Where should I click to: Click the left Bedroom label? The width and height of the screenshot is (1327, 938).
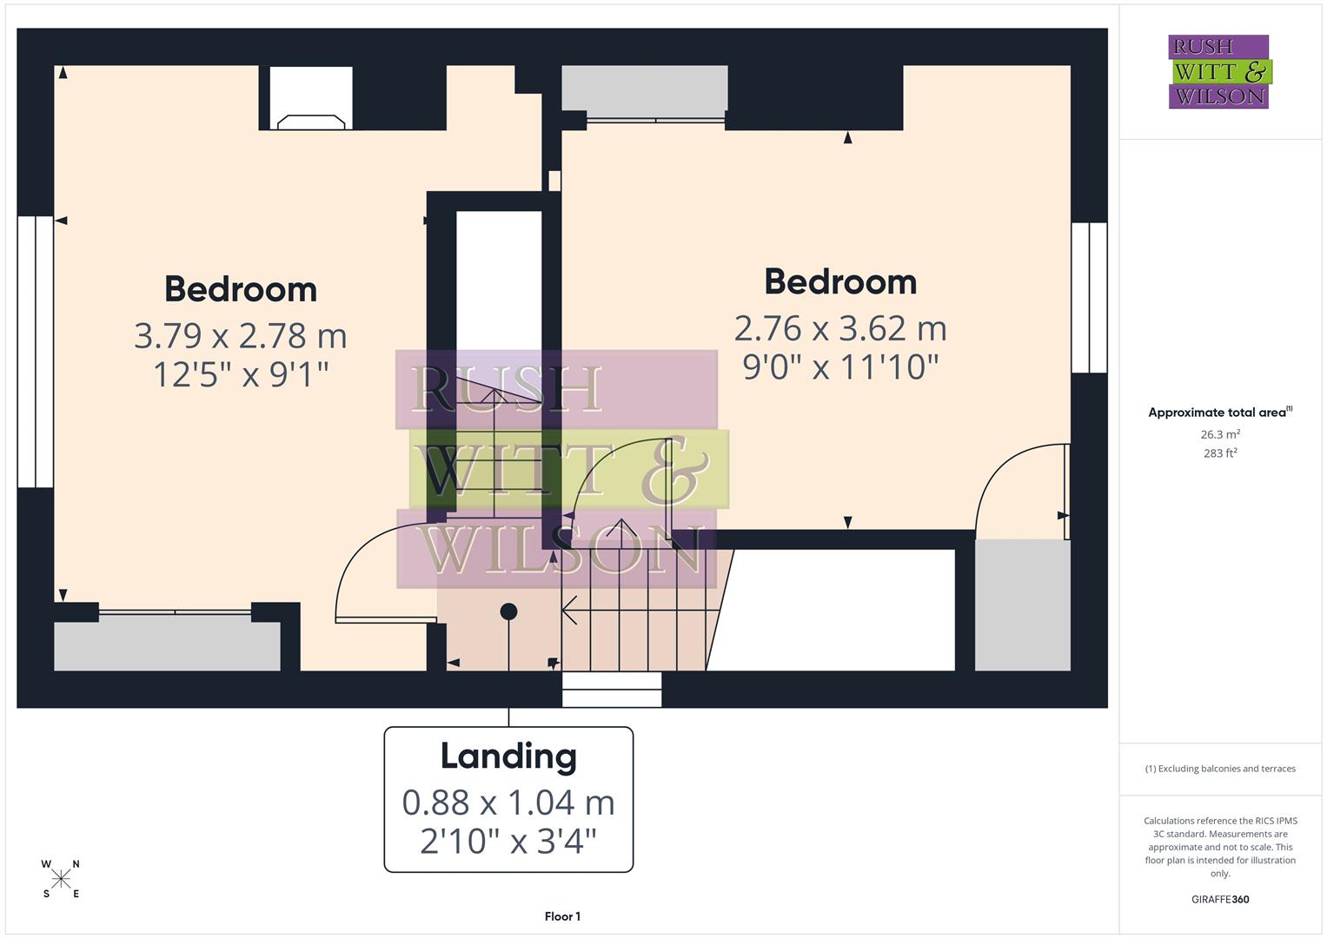tap(241, 289)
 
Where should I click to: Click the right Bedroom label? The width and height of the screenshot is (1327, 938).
tap(840, 282)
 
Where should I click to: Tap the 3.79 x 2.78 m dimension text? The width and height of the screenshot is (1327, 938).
tap(241, 335)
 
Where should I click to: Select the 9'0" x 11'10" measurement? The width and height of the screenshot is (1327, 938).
tap(840, 367)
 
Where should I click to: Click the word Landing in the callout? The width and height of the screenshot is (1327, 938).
tap(508, 756)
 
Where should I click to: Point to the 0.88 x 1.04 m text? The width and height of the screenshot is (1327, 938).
tap(508, 803)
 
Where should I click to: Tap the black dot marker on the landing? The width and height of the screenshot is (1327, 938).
tap(509, 611)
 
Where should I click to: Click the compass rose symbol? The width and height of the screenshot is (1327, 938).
tap(61, 880)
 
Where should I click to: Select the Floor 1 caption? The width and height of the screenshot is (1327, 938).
tap(562, 916)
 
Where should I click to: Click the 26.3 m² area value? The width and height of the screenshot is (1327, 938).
tap(1220, 434)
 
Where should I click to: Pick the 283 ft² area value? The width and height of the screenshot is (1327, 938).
tap(1220, 453)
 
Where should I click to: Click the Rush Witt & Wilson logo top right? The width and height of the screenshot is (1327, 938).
tap(1219, 72)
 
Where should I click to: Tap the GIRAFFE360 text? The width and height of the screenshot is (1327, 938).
tap(1220, 900)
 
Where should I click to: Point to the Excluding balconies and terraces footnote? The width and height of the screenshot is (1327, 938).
tap(1220, 769)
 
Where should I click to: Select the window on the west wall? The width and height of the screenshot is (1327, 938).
tap(35, 352)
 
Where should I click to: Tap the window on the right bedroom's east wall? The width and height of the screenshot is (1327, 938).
tap(1089, 298)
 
